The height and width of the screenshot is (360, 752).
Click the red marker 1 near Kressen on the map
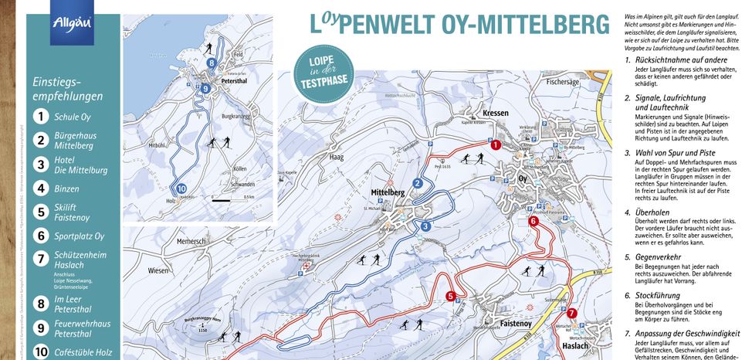point(496,144)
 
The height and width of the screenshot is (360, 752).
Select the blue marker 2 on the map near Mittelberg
point(418,183)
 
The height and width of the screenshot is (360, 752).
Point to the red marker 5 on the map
point(450,295)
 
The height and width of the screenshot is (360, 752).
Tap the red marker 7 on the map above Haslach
point(571,314)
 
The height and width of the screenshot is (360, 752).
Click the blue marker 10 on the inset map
point(181,188)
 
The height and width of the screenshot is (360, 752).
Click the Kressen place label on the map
point(495,113)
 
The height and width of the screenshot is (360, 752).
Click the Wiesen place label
point(158,270)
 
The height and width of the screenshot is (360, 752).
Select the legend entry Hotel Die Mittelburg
point(80,164)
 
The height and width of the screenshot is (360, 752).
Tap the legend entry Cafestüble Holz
point(83,354)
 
